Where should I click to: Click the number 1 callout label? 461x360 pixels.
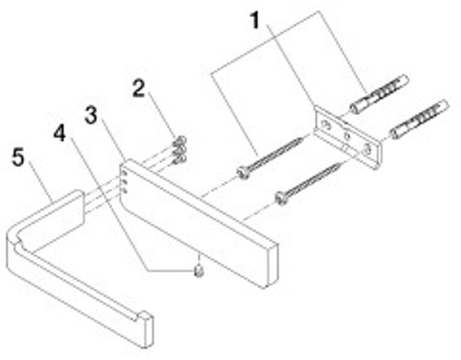click(x=256, y=21)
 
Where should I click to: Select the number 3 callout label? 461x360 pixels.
click(x=91, y=115)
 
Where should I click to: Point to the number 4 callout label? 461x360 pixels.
click(x=59, y=133)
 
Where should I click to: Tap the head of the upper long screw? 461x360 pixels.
click(x=243, y=172)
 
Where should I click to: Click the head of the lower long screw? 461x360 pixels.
click(x=280, y=197)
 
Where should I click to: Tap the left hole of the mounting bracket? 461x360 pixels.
click(x=325, y=125)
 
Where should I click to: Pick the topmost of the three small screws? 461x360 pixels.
click(x=179, y=142)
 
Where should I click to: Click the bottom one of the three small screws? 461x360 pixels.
click(x=178, y=160)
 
